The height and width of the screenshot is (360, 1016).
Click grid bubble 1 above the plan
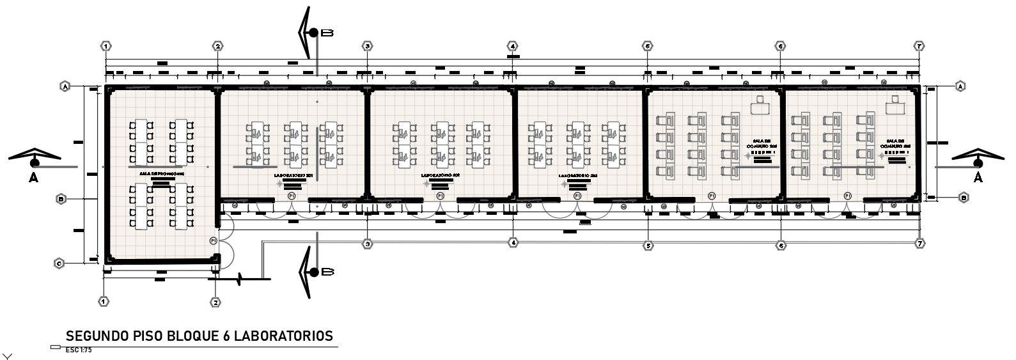[106, 46]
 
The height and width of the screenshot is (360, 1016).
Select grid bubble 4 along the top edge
[512, 46]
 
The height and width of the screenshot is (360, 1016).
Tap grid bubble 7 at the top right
[919, 46]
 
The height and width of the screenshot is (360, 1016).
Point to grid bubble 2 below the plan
[216, 302]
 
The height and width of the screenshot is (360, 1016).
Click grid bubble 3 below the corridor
[367, 244]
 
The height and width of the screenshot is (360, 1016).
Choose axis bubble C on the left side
[59, 263]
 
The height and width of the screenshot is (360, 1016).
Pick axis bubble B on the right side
[964, 198]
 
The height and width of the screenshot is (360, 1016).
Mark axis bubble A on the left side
[65, 86]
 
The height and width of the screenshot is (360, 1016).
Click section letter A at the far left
[34, 178]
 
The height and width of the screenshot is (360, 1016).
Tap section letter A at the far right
[978, 178]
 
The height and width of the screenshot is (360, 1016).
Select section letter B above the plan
[327, 33]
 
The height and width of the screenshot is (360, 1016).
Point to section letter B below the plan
[327, 272]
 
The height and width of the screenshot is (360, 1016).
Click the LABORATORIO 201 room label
[293, 175]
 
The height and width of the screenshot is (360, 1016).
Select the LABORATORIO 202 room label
[441, 175]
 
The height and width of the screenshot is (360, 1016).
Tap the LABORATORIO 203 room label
[578, 175]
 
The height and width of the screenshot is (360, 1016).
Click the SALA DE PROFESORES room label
[162, 173]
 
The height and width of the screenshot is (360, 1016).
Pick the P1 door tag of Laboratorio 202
[440, 196]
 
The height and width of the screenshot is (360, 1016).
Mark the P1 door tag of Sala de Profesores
[214, 240]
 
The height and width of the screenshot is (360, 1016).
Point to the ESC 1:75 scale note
[79, 350]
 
